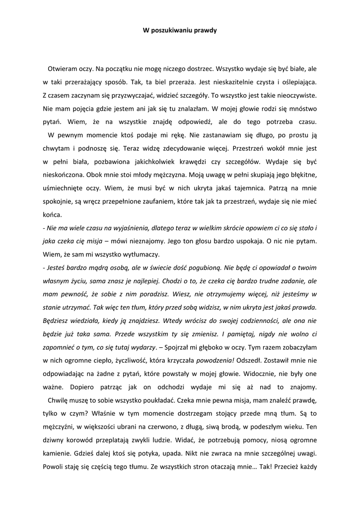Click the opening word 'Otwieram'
pos(63,67)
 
